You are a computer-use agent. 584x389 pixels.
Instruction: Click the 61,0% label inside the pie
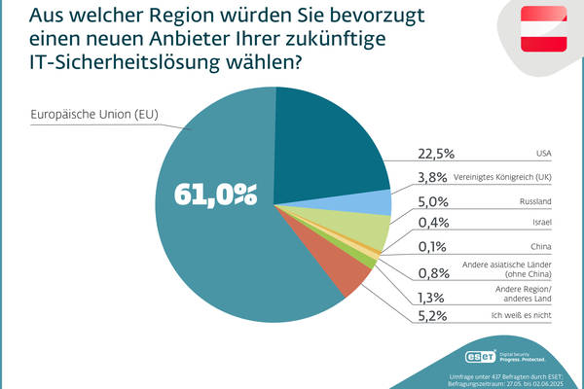point(215,194)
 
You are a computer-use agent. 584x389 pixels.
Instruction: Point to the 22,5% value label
point(434,154)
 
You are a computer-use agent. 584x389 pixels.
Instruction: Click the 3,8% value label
point(431,177)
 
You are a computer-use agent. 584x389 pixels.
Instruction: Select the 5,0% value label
point(431,201)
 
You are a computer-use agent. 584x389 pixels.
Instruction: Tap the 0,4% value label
point(431,225)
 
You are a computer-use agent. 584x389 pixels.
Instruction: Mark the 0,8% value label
point(431,272)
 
